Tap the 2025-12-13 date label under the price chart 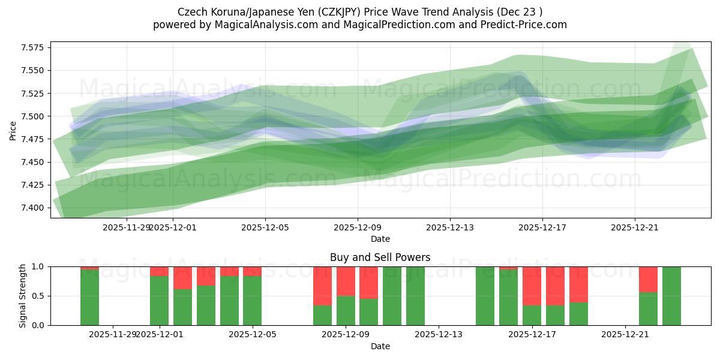pyautogui.click(x=450, y=227)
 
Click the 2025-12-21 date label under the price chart pyautogui.click(x=635, y=227)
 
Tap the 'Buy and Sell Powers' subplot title pyautogui.click(x=380, y=257)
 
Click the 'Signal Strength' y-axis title pyautogui.click(x=22, y=296)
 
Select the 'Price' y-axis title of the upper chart pyautogui.click(x=13, y=130)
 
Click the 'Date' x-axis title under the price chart pyautogui.click(x=380, y=239)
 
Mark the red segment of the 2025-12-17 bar pyautogui.click(x=532, y=286)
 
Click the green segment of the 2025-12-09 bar pyautogui.click(x=346, y=310)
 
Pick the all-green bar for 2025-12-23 pyautogui.click(x=671, y=296)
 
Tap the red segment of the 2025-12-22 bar pyautogui.click(x=648, y=279)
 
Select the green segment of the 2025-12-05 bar pyautogui.click(x=253, y=301)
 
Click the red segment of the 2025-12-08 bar pyautogui.click(x=323, y=286)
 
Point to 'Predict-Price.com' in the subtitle pyautogui.click(x=523, y=25)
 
